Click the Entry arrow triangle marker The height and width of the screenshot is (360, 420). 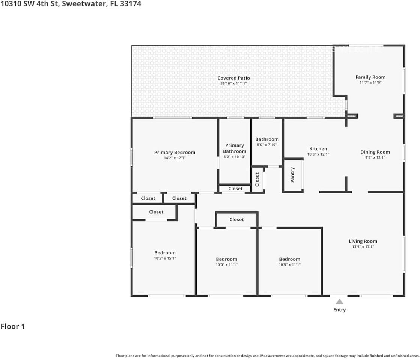pyautogui.click(x=339, y=301)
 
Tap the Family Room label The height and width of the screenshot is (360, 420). pyautogui.click(x=370, y=77)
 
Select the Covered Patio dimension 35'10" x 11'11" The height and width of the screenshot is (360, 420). pyautogui.click(x=233, y=83)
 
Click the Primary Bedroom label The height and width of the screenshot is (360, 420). pyautogui.click(x=175, y=153)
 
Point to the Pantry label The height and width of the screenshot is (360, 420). pyautogui.click(x=293, y=175)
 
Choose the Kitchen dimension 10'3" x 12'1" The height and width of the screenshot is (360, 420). pyautogui.click(x=318, y=154)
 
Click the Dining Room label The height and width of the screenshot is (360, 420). pyautogui.click(x=375, y=152)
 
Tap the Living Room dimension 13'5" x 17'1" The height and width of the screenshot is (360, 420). pyautogui.click(x=363, y=247)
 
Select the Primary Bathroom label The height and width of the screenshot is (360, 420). pyautogui.click(x=235, y=148)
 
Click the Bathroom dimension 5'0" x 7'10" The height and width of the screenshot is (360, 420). pyautogui.click(x=267, y=145)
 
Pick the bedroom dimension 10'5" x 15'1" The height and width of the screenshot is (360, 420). pyautogui.click(x=165, y=258)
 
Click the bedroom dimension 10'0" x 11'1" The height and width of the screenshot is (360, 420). pyautogui.click(x=226, y=264)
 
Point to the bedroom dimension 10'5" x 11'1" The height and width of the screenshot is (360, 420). pyautogui.click(x=289, y=264)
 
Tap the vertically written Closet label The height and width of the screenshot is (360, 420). pyautogui.click(x=257, y=180)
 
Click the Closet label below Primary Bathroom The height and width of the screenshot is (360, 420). pyautogui.click(x=235, y=189)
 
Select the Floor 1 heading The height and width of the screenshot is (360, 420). pyautogui.click(x=13, y=326)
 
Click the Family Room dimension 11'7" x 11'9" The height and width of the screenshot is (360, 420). pyautogui.click(x=370, y=82)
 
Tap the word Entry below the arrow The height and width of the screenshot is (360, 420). pyautogui.click(x=339, y=310)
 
